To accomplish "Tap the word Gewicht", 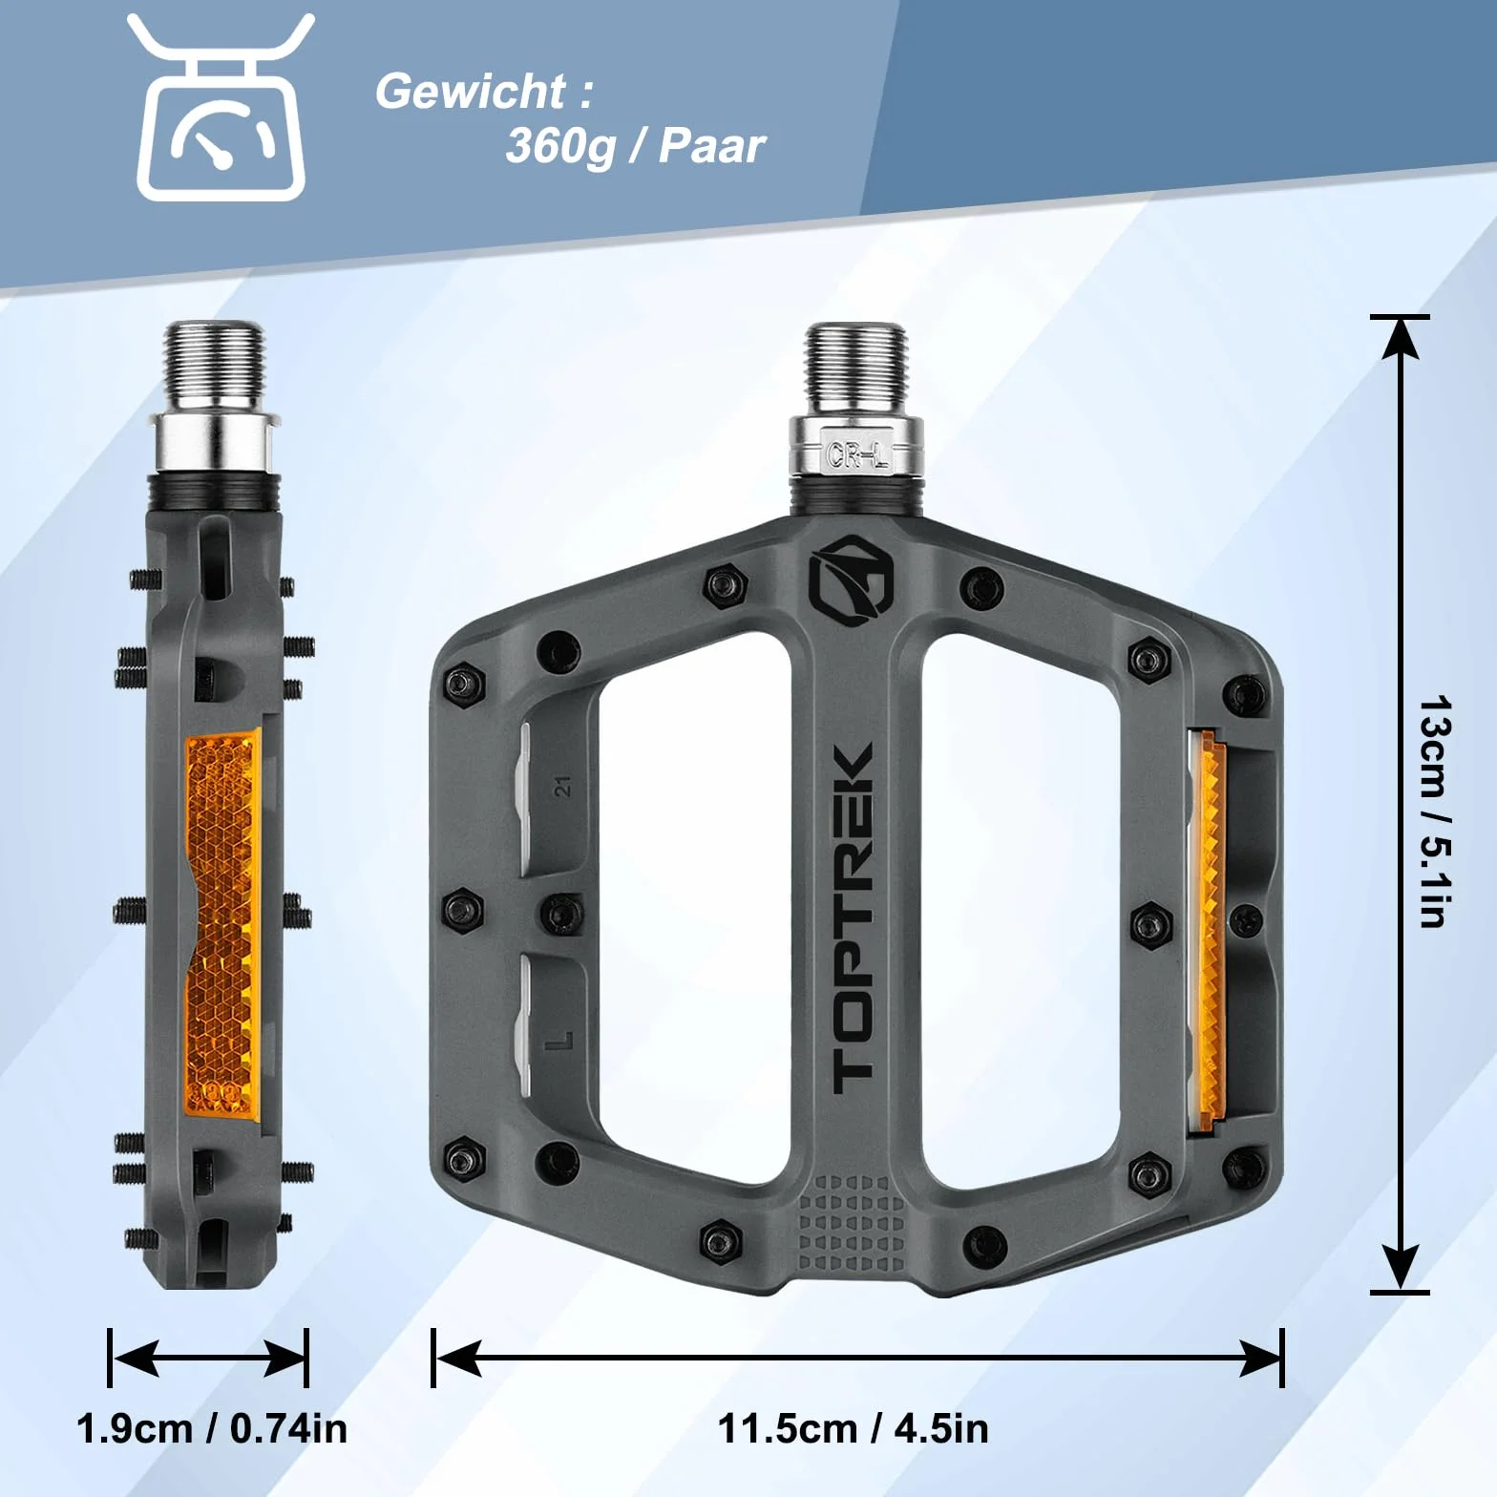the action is tap(472, 93).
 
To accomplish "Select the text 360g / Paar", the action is tap(635, 146).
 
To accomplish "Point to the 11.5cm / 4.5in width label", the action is tap(853, 1428).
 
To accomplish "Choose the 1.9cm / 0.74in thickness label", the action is tap(212, 1428).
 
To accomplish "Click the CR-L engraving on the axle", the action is tap(858, 455).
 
